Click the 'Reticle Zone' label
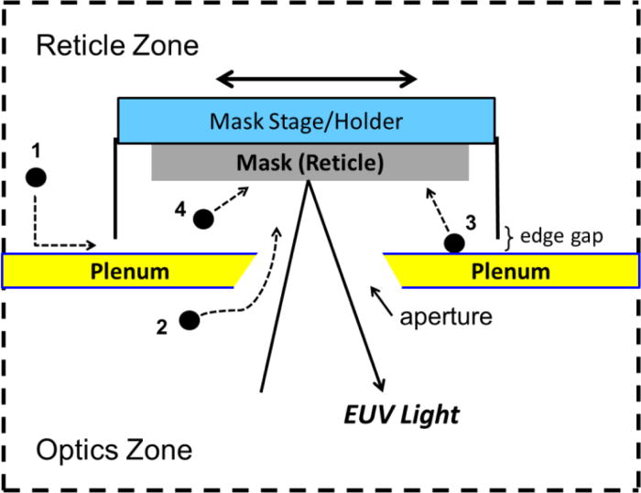click(x=116, y=46)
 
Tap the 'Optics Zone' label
click(x=114, y=449)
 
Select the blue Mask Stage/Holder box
click(x=307, y=120)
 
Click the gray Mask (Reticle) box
click(x=310, y=163)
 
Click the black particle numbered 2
click(x=190, y=319)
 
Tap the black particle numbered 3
click(x=452, y=243)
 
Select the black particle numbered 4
click(x=203, y=218)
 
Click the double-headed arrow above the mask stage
click(x=317, y=80)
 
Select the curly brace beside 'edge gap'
click(x=514, y=235)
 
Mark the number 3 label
click(x=471, y=220)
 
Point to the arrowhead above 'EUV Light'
click(x=377, y=384)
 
